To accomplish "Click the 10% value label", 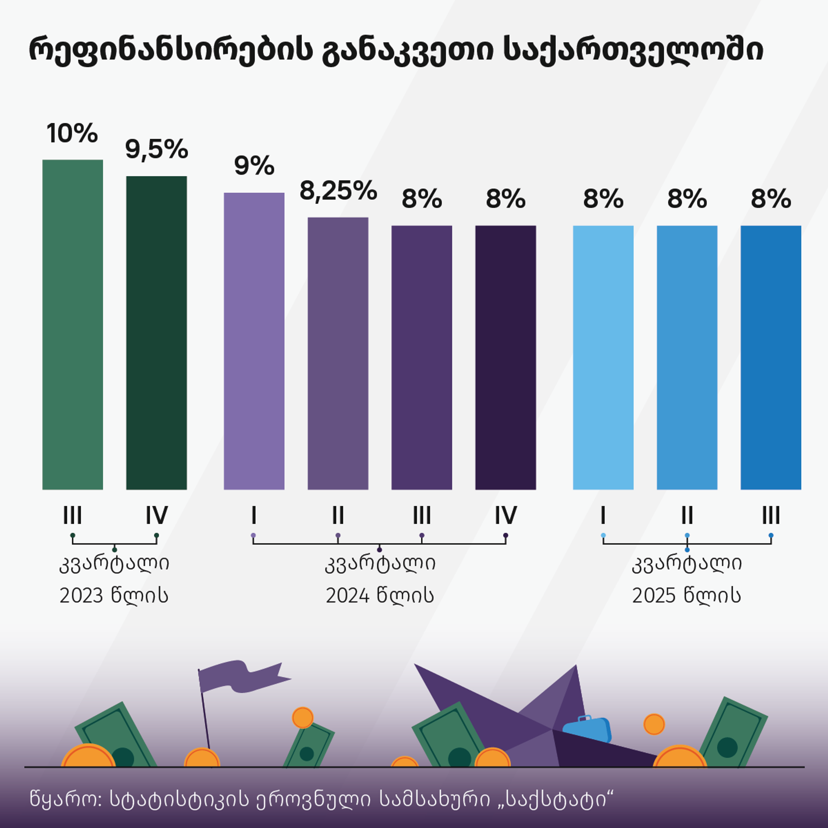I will (72, 133).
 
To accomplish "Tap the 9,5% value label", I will (157, 150).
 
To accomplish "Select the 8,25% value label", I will (338, 191).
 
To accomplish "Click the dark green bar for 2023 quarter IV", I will (157, 332).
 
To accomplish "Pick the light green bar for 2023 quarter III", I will (72, 323).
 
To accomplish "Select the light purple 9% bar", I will (254, 341).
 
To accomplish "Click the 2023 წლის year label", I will (114, 596).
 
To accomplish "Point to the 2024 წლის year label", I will (379, 596).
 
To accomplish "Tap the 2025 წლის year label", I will (687, 596).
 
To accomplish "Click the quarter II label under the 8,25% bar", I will (338, 515).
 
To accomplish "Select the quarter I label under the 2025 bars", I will (603, 515).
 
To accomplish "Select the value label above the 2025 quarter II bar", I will (687, 199).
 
